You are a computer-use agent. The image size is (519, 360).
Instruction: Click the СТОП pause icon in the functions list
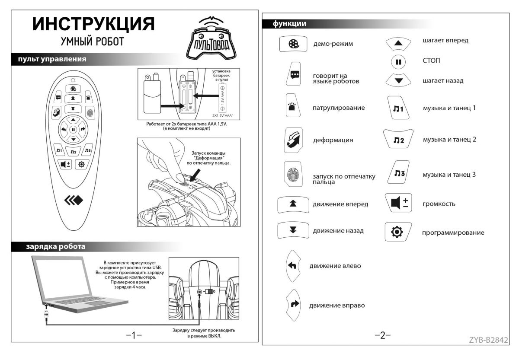coord(398,61)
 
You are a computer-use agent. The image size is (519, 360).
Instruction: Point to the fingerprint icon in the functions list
coord(293,175)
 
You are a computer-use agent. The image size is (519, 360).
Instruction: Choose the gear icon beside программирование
coord(397,232)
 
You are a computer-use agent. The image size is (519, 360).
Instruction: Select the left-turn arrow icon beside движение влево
coord(293,265)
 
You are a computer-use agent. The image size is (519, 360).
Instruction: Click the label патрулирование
coord(339,108)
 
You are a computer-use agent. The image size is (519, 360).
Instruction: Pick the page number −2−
coord(382,335)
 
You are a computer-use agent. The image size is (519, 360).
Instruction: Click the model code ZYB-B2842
coord(488,339)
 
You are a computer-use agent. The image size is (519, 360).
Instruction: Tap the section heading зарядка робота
coord(56,247)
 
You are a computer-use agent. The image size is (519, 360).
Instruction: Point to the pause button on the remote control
coord(73,129)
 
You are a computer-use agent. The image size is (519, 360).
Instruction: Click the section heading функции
coord(289,24)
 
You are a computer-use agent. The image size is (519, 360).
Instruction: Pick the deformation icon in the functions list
coord(293,140)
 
